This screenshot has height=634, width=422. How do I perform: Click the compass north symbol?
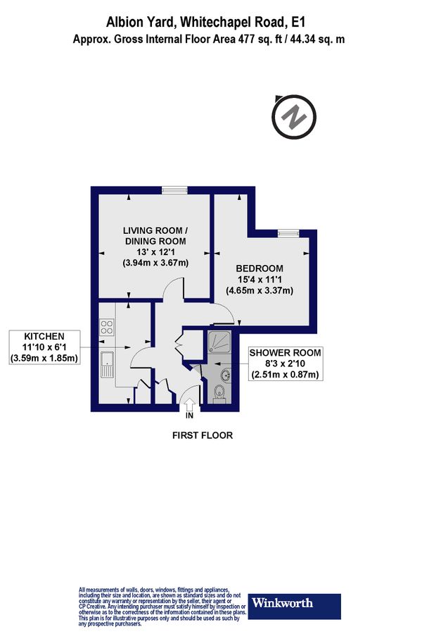(x=295, y=115)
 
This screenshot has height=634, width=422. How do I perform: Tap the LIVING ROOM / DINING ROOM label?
(x=155, y=236)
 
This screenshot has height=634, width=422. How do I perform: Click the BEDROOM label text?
(x=260, y=268)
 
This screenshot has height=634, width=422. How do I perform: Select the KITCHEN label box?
(x=44, y=347)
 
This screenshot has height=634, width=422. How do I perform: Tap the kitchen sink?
(x=108, y=365)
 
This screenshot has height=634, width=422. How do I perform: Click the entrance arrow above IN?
(x=189, y=404)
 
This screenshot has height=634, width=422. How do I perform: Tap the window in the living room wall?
(x=173, y=188)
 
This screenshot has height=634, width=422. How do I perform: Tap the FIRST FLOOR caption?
(x=203, y=435)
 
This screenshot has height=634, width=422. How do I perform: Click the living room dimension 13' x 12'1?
(x=155, y=252)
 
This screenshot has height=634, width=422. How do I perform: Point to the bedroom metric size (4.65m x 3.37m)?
(x=260, y=290)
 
